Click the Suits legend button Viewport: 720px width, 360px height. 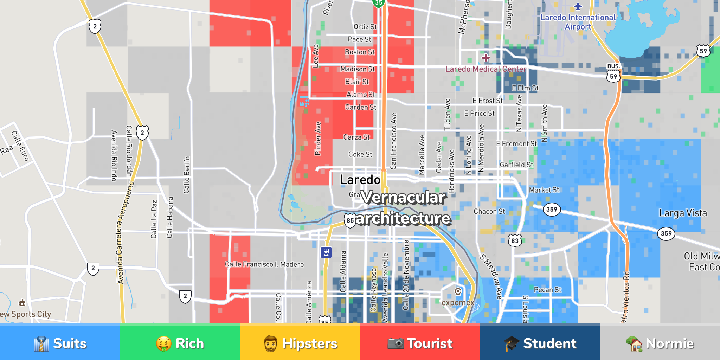point(60,343)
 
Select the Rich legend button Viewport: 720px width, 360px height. point(180,343)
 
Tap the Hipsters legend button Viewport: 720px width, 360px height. point(300,343)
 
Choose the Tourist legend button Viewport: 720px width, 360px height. point(420,343)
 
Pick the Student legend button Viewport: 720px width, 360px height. point(540,343)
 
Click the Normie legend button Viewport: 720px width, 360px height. point(660,343)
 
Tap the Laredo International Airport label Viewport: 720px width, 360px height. point(578,22)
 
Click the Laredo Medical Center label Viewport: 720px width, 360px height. point(486,69)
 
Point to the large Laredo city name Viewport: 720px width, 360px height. point(360,180)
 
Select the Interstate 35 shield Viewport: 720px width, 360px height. point(379,3)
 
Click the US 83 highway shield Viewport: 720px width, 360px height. point(515,240)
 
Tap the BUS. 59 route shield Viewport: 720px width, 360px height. point(613,73)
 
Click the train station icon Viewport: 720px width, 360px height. point(326,252)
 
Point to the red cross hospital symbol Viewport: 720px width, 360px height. point(486,57)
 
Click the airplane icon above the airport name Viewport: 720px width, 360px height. point(578,6)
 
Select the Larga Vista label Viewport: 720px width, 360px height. point(683,213)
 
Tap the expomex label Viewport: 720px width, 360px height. point(458,303)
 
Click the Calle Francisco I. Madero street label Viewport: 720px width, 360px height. point(264,264)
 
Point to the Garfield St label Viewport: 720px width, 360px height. point(516,165)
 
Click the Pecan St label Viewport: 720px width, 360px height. point(547,290)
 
